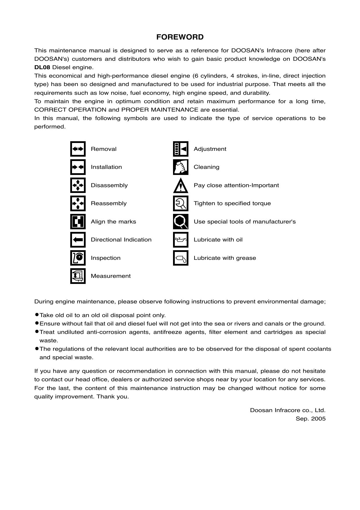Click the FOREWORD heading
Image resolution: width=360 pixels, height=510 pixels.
tap(180, 37)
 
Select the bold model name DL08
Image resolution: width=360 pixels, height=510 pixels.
tap(42, 67)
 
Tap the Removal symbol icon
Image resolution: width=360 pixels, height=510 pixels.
tap(78, 149)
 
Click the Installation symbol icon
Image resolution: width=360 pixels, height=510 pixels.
tap(78, 167)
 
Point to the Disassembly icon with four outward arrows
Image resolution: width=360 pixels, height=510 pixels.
tap(78, 185)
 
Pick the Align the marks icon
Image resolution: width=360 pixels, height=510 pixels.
tap(78, 222)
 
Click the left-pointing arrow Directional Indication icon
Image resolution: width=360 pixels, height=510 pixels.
tap(78, 240)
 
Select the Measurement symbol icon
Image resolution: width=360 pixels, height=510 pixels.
tap(78, 276)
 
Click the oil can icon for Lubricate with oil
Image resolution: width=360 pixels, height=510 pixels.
tap(181, 240)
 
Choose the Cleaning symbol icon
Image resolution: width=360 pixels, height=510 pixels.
tap(181, 167)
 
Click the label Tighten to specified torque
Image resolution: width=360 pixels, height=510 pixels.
tap(232, 203)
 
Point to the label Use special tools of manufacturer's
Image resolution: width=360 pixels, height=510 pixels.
tap(244, 222)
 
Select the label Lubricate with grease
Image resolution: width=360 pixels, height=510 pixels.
tap(225, 258)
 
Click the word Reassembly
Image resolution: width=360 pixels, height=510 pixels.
tap(109, 203)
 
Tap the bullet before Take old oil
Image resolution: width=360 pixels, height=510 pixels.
tap(37, 315)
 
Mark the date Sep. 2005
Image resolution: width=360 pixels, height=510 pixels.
tap(310, 419)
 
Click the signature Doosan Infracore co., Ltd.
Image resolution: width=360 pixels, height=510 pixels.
tap(287, 410)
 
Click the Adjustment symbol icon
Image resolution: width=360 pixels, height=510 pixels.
tap(181, 149)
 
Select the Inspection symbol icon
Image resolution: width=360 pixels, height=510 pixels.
tap(78, 258)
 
